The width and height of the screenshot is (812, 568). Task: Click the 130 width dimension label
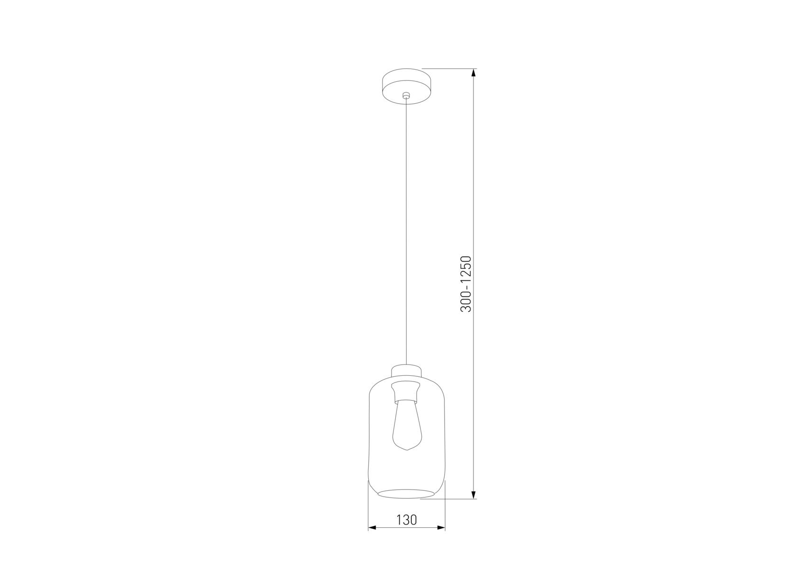coord(407,520)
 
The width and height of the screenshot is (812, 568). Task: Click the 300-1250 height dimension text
coord(466,284)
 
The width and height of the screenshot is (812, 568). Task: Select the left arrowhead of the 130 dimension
coord(373,527)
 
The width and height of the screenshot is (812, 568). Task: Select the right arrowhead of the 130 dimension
coord(441,527)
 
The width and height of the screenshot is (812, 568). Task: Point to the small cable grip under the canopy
coord(406,96)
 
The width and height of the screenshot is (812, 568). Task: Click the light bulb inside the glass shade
coord(406,424)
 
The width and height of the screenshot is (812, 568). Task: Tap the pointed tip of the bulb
coord(406,450)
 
